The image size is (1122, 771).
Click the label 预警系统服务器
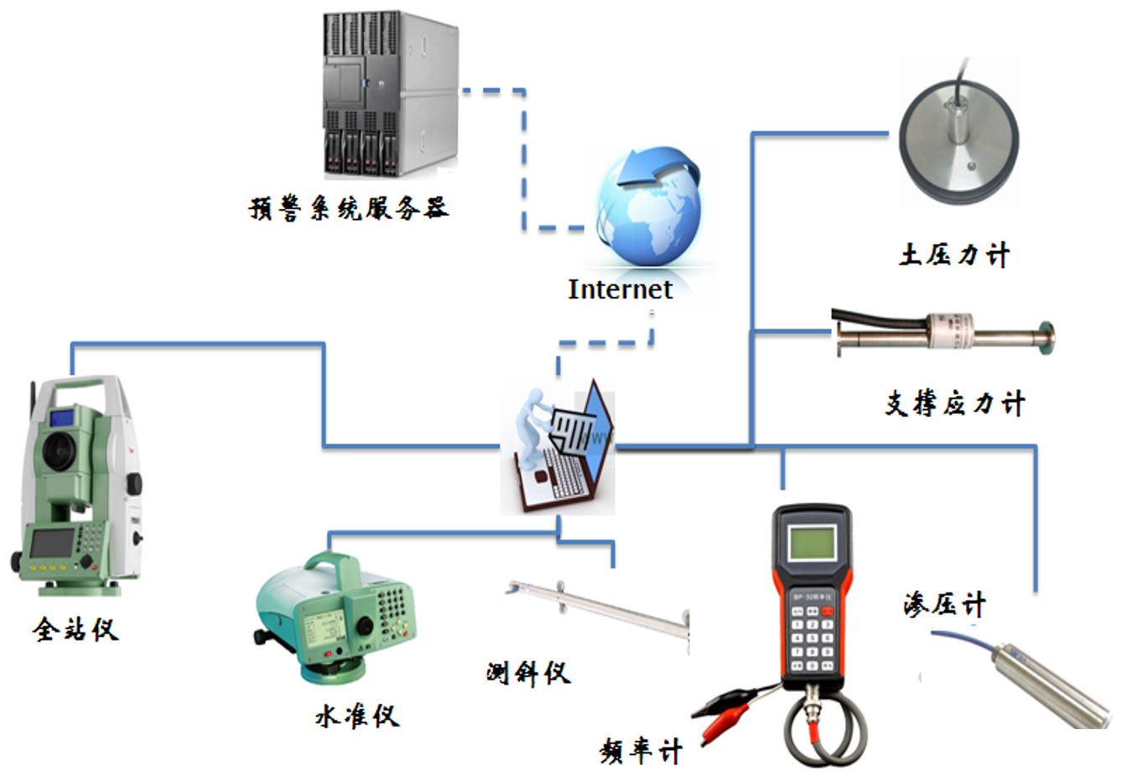point(349,207)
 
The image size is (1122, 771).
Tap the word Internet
point(620,289)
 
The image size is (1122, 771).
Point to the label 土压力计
point(954,255)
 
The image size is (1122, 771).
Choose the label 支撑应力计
point(955,404)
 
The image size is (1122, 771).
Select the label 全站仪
point(75,628)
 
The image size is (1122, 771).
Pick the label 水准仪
point(357,716)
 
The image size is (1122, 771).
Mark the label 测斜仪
point(528,672)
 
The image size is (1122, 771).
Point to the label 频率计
point(642,750)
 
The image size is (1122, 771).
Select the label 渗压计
point(944,605)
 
